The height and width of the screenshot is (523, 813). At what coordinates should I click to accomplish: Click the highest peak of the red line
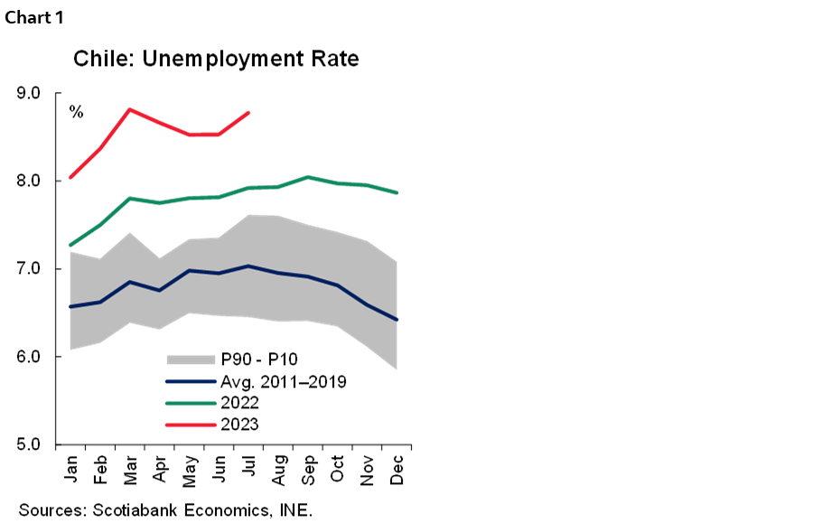130,109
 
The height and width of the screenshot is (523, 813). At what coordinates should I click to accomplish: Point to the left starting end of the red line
70,177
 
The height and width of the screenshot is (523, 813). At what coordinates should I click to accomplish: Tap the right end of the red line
248,113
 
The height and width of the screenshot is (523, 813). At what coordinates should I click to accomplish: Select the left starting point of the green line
70,245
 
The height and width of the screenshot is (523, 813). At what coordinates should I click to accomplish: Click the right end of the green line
397,192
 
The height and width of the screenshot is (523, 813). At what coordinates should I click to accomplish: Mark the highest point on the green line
308,177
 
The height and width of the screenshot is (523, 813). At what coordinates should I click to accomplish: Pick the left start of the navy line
70,307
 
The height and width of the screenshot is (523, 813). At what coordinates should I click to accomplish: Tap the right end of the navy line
397,320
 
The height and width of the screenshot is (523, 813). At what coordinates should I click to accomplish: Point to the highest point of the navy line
248,266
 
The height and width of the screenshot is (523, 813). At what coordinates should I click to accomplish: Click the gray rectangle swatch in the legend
191,360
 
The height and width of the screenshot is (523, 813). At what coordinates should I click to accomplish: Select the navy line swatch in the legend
191,381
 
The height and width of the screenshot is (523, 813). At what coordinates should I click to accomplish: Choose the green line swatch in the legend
191,403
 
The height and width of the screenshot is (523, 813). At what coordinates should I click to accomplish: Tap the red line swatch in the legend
191,425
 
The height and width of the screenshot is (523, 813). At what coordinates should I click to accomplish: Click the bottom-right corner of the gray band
397,369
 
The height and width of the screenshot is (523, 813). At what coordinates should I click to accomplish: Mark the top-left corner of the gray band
70,252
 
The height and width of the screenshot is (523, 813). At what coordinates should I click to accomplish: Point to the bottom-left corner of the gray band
70,349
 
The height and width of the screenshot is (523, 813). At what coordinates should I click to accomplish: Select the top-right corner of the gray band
397,262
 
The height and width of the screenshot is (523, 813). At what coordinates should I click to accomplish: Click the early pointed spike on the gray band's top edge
130,233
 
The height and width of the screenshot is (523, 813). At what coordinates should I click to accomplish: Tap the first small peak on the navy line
130,282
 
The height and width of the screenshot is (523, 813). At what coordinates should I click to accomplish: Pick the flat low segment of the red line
204,135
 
